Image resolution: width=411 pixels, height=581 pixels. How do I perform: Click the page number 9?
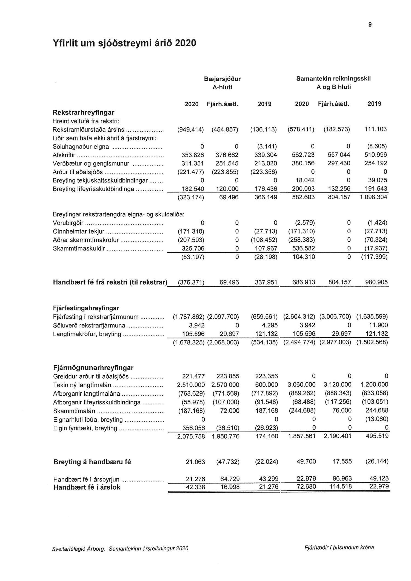(370, 25)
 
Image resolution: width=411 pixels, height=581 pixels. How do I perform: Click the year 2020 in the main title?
(185, 43)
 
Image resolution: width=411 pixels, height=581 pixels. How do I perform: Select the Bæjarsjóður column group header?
(222, 79)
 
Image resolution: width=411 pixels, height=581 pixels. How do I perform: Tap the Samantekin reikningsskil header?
(333, 79)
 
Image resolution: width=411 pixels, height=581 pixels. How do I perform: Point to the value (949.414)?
(191, 129)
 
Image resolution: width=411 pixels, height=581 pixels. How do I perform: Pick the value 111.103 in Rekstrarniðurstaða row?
(375, 129)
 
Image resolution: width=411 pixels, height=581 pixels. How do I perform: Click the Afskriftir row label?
(64, 155)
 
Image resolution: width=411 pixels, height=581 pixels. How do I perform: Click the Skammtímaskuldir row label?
(79, 249)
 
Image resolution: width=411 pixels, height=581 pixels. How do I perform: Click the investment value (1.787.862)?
(189, 317)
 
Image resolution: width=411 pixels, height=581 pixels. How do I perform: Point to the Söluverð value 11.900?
(378, 325)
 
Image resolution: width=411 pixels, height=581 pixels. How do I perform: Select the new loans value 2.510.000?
(191, 385)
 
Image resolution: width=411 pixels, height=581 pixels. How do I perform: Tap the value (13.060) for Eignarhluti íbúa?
(377, 419)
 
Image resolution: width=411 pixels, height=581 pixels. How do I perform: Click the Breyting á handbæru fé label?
(92, 462)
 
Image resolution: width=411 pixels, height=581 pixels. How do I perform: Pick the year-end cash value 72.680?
(306, 487)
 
